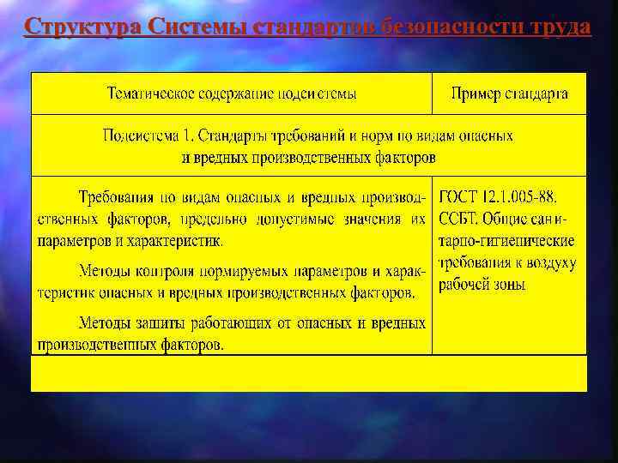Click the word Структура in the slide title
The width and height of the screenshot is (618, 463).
point(83,27)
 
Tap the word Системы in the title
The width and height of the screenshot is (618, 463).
point(198,27)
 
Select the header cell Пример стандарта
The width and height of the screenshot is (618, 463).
point(509,93)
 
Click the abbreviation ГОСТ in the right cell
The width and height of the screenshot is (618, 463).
point(461,197)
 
